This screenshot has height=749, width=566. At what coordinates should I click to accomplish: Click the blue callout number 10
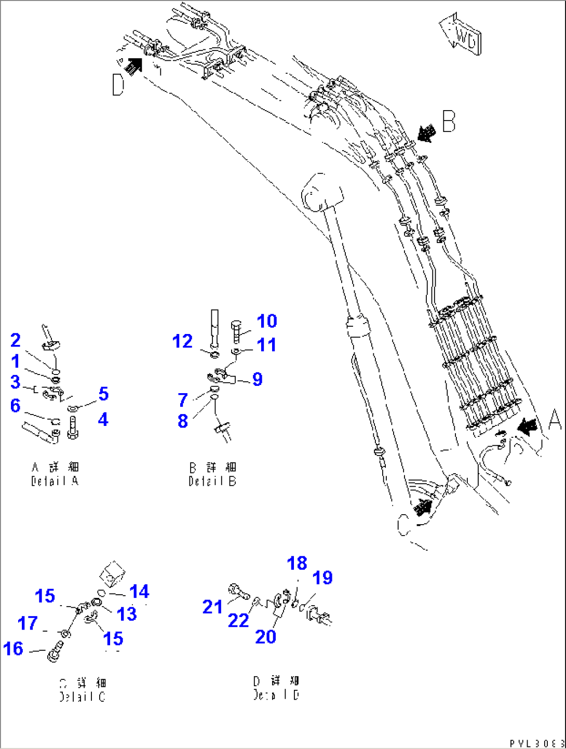[267, 322]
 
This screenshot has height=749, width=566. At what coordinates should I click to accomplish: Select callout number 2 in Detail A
[16, 341]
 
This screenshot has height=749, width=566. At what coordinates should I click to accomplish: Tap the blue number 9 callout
[258, 380]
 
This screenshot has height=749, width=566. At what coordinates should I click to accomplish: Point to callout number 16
[14, 649]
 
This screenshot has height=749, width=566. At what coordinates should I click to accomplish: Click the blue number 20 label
[265, 637]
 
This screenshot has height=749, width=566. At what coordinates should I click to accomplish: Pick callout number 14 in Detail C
[139, 592]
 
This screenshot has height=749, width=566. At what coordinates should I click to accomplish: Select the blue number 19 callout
[322, 578]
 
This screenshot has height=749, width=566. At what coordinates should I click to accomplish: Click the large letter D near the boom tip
[118, 85]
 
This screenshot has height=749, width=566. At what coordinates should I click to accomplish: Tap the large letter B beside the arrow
[449, 122]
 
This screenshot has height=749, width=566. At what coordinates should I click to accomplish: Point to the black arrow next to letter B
[426, 133]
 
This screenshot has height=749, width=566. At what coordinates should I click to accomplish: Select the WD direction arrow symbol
[461, 34]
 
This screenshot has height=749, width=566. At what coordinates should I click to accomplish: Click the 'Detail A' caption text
[55, 474]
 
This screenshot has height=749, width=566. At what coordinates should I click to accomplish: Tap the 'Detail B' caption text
[212, 474]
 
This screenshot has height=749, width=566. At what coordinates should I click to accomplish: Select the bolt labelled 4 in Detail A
[73, 427]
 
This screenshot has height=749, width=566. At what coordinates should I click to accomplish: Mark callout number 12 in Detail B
[182, 342]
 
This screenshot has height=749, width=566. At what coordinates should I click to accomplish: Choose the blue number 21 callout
[212, 607]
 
